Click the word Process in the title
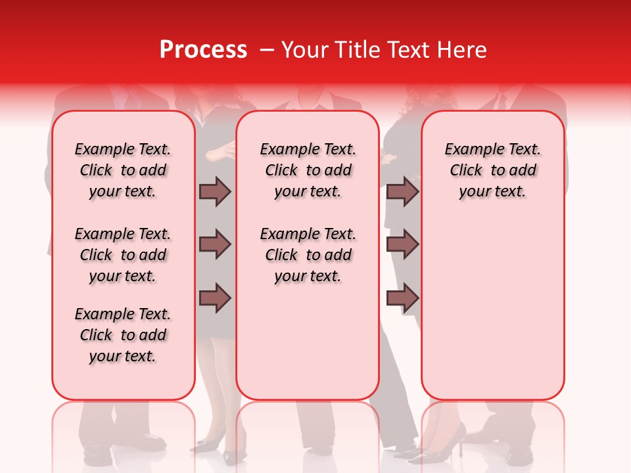203,50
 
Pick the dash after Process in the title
267,51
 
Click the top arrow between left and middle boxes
215,191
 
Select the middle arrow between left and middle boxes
215,244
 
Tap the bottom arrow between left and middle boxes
215,298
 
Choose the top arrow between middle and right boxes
402,191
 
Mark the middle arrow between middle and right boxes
402,244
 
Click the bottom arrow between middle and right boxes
402,298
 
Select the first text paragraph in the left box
123,170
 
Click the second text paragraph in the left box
123,255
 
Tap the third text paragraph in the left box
123,335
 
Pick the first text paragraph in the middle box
308,170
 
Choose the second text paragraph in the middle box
308,255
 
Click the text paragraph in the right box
492,170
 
